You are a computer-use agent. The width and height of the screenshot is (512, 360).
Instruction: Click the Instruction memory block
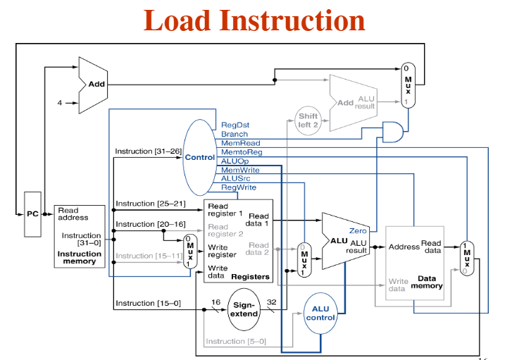pos(78,236)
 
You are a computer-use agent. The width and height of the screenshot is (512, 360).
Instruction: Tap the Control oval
pos(200,157)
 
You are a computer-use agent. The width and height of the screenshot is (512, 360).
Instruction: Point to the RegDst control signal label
pos(235,125)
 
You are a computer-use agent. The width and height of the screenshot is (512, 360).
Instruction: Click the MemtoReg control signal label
pos(242,151)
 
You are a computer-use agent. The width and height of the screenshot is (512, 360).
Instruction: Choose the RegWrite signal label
pos(239,187)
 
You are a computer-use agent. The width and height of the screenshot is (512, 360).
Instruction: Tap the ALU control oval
pos(320,314)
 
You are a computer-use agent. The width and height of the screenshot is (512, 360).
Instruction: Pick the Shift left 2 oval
pos(308,120)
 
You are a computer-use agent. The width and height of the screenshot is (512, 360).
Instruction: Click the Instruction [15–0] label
pos(147,304)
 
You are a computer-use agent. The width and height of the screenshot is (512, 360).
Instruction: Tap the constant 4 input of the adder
pos(60,103)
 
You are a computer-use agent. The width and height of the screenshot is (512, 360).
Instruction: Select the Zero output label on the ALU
pos(358,230)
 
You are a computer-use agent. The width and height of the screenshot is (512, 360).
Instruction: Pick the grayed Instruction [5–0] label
pos(236,342)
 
